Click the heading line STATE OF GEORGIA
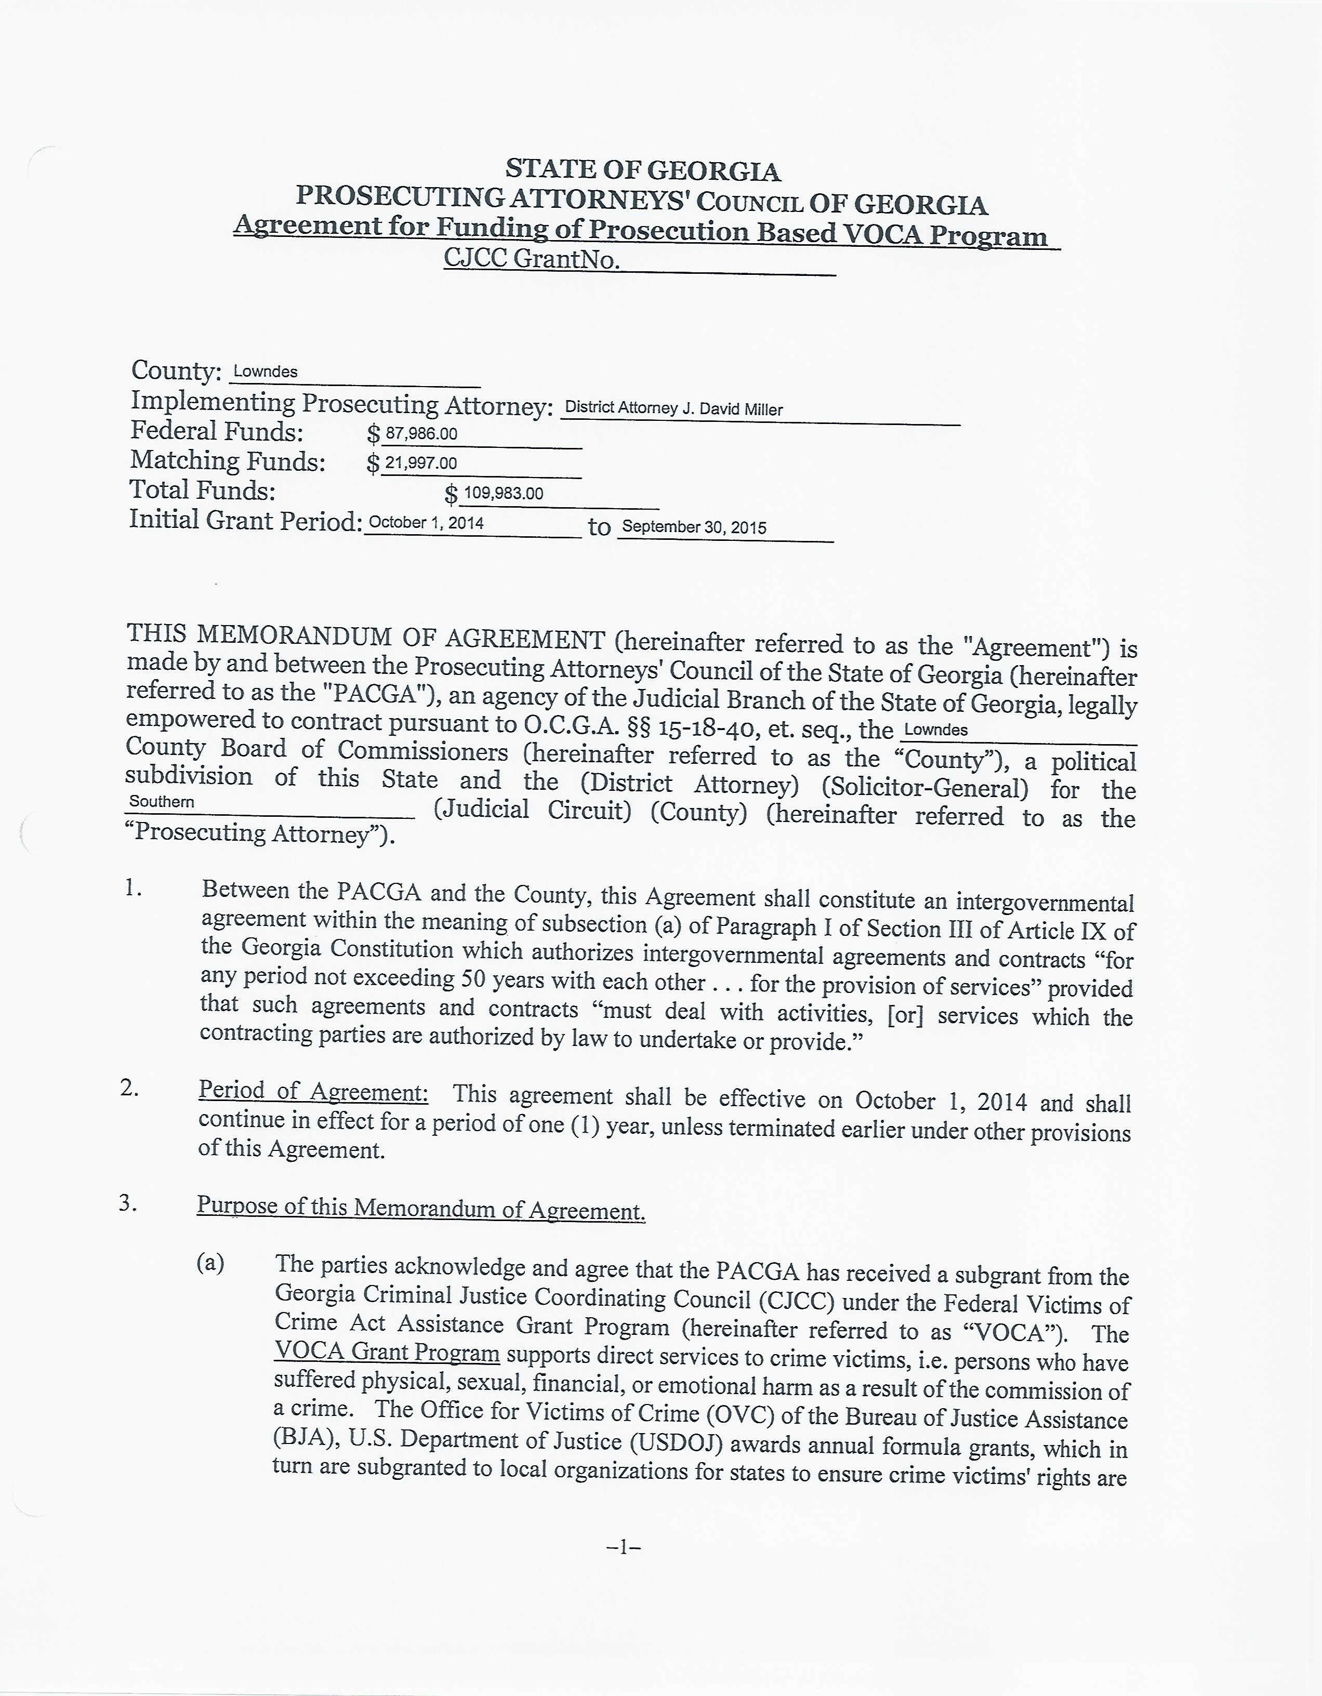(643, 169)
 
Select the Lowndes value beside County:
(266, 372)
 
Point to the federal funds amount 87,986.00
(422, 434)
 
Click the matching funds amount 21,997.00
(422, 463)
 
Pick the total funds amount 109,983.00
(504, 493)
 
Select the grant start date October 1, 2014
(427, 523)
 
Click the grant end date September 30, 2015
(694, 527)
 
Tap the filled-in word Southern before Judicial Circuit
(162, 801)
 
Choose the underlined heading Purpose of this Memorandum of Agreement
(420, 1208)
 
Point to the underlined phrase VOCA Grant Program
(387, 1352)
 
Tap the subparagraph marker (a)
(210, 1264)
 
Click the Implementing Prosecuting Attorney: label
(342, 404)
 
